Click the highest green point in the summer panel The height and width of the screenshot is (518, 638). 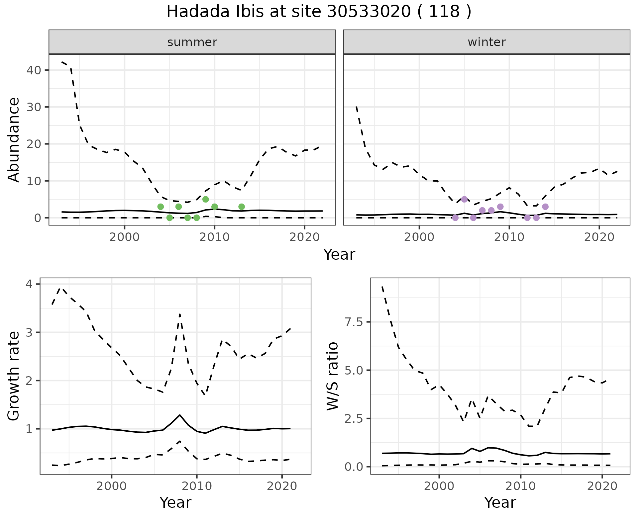[205, 199]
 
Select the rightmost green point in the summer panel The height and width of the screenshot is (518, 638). [242, 207]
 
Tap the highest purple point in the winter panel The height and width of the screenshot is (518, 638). [464, 199]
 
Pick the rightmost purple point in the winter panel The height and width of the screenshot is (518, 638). [545, 207]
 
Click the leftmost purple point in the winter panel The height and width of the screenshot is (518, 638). [455, 218]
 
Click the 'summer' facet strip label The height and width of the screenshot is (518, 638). [192, 42]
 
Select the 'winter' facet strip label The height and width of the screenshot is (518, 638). [486, 42]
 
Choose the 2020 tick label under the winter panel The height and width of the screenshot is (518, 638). [599, 237]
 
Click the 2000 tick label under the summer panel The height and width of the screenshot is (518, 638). [124, 237]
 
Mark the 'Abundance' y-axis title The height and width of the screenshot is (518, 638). [14, 139]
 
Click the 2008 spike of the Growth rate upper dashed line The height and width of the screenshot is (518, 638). [180, 314]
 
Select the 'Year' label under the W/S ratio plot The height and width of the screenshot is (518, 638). [500, 502]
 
